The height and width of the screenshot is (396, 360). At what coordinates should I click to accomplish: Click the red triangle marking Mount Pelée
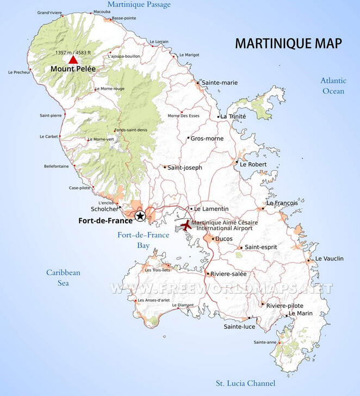click(73, 60)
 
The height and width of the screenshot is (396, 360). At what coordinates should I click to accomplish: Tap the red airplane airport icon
click(186, 225)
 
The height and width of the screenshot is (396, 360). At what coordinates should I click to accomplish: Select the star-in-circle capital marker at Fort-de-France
click(140, 216)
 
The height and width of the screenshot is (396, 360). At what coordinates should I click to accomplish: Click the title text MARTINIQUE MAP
click(288, 44)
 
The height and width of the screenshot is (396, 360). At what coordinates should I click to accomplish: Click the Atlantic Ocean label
click(333, 85)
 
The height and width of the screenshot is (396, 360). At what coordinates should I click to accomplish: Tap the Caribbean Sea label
click(63, 277)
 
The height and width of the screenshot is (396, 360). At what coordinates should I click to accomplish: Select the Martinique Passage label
click(139, 5)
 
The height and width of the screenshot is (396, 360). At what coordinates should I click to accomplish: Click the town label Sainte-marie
click(219, 83)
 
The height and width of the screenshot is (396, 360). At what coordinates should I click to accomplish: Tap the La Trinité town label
click(233, 116)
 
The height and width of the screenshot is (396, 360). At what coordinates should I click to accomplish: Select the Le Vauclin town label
click(330, 259)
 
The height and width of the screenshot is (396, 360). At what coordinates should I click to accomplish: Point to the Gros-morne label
click(207, 139)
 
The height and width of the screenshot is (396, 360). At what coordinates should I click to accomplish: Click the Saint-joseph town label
click(184, 168)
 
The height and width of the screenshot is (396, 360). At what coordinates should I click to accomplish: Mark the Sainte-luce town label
click(239, 327)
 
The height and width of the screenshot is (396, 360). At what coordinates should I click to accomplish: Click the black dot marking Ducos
click(213, 239)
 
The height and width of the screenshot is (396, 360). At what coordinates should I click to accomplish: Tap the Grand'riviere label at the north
click(49, 13)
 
